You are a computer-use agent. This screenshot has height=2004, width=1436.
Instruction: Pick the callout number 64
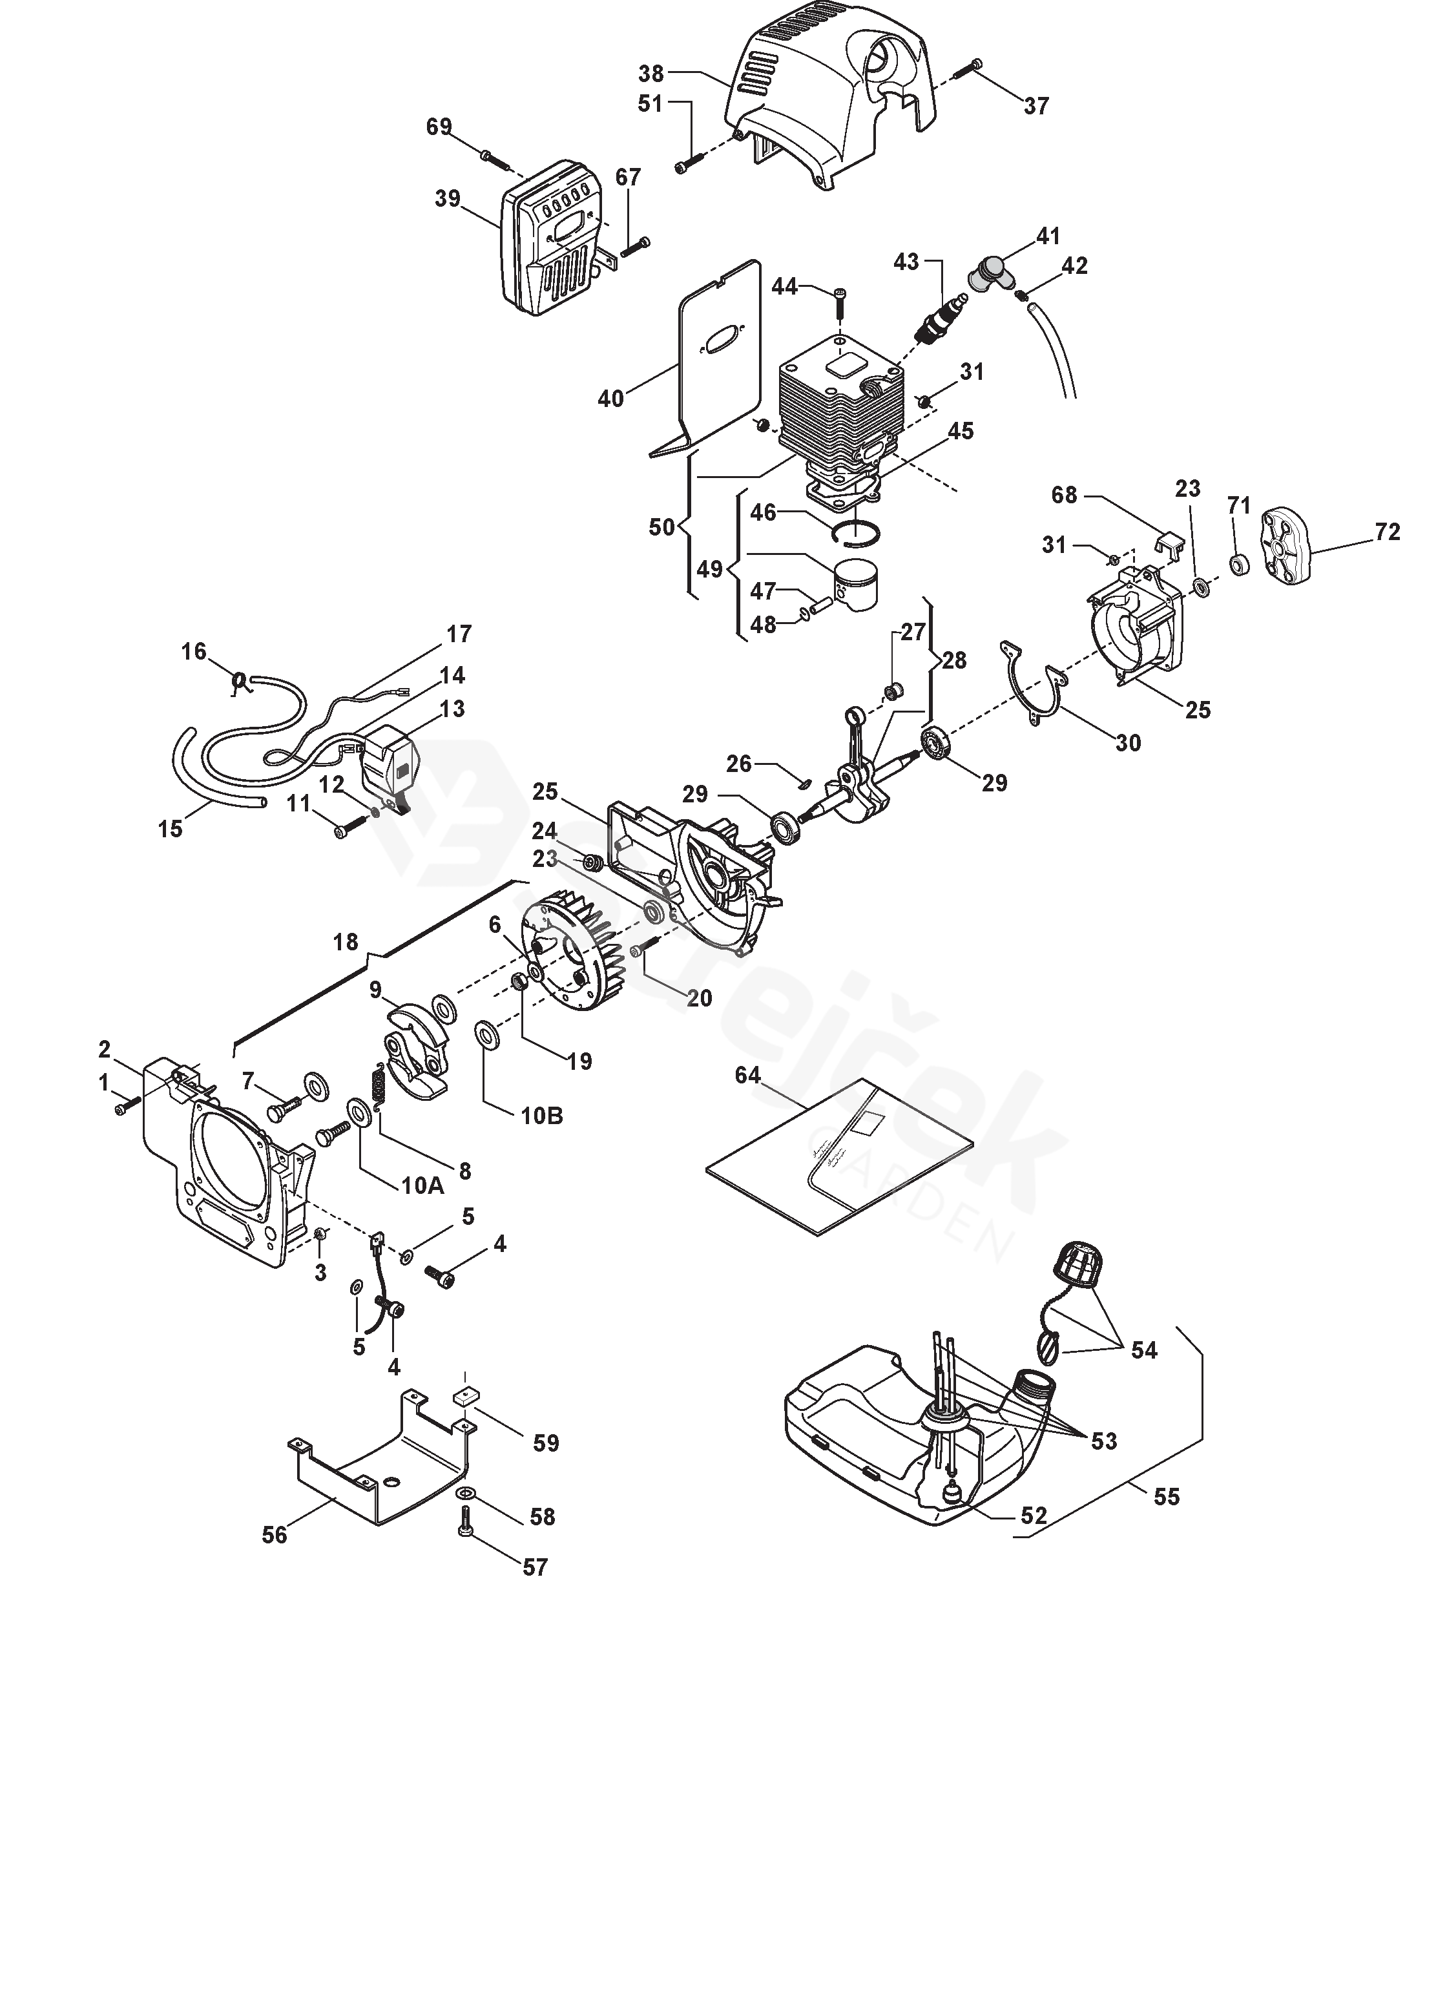pos(747,1076)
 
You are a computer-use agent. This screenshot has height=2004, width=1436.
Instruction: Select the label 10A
pos(422,1185)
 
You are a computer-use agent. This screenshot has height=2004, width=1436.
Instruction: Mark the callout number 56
pos(275,1535)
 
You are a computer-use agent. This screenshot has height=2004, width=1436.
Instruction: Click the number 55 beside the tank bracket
pos(1167,1496)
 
